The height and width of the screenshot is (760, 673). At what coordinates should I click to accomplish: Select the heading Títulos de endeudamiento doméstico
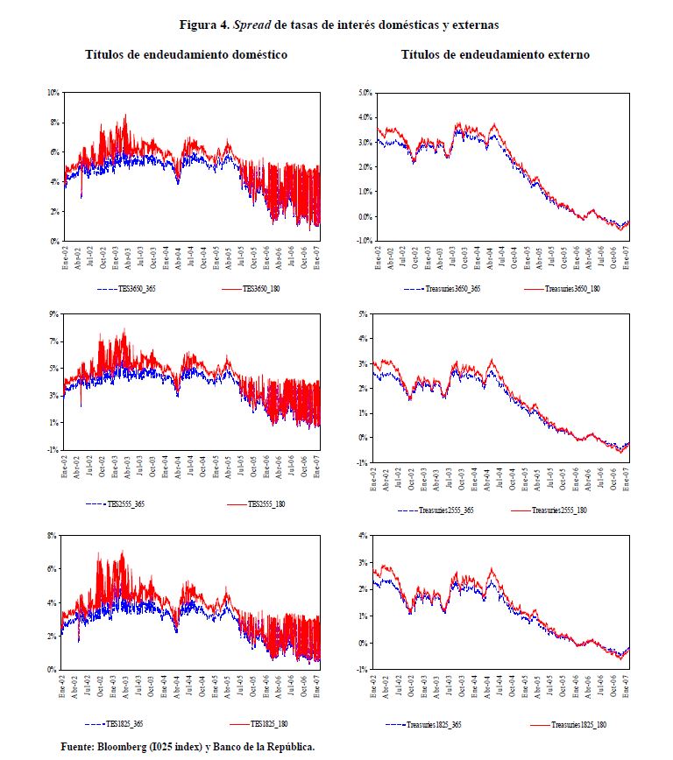pyautogui.click(x=186, y=54)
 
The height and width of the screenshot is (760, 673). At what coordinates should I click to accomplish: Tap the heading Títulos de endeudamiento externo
pyautogui.click(x=495, y=54)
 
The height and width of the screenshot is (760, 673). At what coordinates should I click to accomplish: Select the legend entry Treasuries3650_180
pyautogui.click(x=572, y=286)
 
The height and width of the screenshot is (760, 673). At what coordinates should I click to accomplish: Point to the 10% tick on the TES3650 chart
pyautogui.click(x=53, y=92)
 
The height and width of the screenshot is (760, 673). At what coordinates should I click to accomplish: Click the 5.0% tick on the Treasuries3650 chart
pyautogui.click(x=364, y=92)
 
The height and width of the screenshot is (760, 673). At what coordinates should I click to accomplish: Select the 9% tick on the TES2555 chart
pyautogui.click(x=54, y=313)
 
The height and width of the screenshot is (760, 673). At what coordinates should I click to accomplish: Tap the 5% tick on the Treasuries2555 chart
pyautogui.click(x=366, y=313)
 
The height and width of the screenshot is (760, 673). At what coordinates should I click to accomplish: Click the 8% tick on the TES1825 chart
pyautogui.click(x=53, y=534)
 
